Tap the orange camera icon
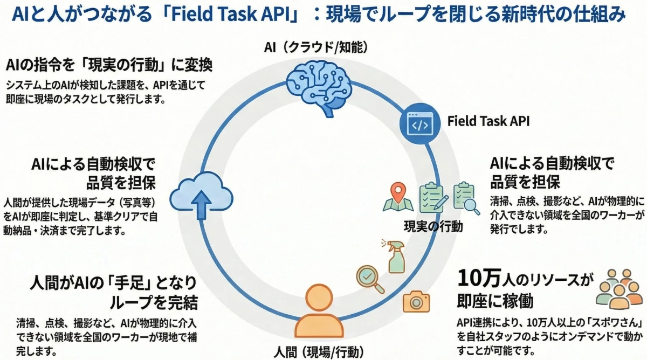tap(416, 302)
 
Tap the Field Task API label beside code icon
tap(488, 121)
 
